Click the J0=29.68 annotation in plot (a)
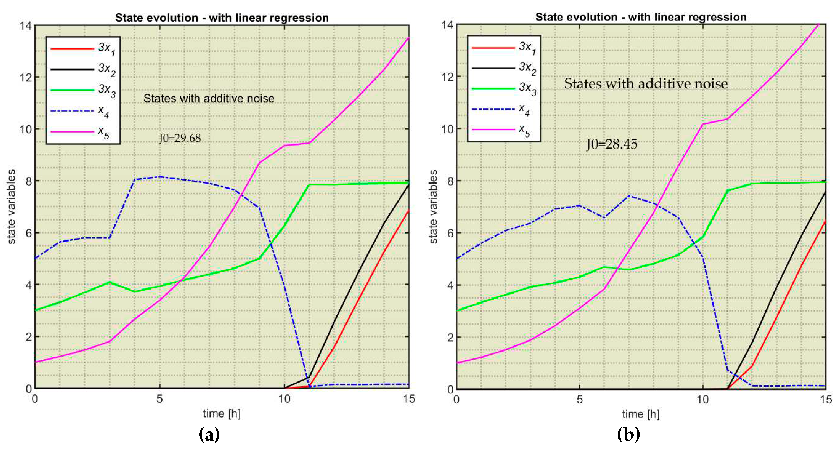coord(180,138)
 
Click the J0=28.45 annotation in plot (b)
coord(612,144)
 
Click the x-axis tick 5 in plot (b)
coord(579,399)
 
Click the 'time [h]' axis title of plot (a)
coord(221,414)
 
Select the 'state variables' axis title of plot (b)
coord(433,207)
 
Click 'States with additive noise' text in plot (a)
coord(209,98)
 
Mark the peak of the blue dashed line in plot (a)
coord(159,177)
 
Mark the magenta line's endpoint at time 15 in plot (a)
coord(409,38)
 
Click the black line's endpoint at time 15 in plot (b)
coord(825,192)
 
